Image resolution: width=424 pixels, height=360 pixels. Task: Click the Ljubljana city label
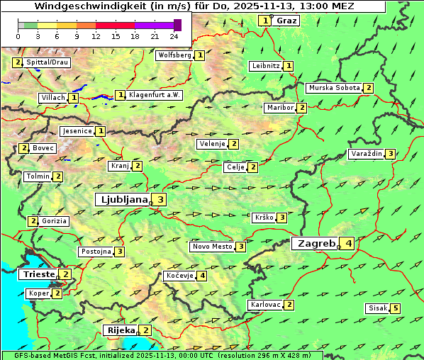point(122,200)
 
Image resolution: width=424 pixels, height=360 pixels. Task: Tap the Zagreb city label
point(316,243)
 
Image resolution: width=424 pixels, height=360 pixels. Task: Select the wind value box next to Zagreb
point(348,244)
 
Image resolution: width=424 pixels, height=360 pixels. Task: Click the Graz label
point(286,21)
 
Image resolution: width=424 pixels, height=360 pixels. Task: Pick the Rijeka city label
point(120,330)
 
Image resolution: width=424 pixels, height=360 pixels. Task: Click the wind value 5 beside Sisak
point(395,308)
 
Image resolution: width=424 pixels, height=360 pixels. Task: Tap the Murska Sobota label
point(333,88)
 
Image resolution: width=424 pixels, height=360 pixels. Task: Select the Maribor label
point(279,108)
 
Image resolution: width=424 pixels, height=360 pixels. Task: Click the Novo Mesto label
point(212,247)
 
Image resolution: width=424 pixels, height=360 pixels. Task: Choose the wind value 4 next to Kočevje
point(203,275)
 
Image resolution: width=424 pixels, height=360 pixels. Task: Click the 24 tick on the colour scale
point(174,35)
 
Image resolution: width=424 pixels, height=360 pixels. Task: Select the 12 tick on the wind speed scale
point(96,35)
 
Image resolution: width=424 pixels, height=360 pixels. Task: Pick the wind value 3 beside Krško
point(281,218)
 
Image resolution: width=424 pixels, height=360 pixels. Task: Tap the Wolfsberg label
point(174,55)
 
